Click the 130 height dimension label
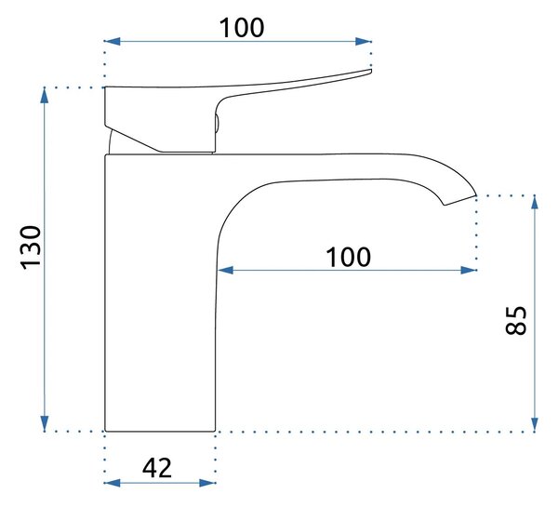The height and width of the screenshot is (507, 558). [31, 247]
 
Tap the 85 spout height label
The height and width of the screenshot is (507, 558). [515, 320]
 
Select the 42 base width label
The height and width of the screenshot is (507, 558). [157, 468]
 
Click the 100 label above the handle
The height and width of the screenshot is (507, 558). [242, 28]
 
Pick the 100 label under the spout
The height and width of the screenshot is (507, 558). [349, 257]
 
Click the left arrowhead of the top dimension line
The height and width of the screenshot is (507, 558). [113, 41]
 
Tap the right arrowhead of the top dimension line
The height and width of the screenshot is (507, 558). [364, 41]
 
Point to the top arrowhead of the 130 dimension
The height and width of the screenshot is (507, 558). [44, 96]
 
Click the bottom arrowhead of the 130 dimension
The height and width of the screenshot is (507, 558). [44, 423]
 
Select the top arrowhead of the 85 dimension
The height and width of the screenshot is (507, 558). [535, 203]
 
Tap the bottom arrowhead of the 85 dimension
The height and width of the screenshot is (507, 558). [535, 423]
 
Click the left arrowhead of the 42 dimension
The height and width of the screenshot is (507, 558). [113, 483]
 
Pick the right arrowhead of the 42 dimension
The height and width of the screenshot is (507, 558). [207, 483]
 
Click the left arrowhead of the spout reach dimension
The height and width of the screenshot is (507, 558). [226, 270]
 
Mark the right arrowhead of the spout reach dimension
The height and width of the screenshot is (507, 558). [469, 270]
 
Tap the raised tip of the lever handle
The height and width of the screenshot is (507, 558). [370, 72]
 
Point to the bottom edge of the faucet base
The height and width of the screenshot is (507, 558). [160, 431]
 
